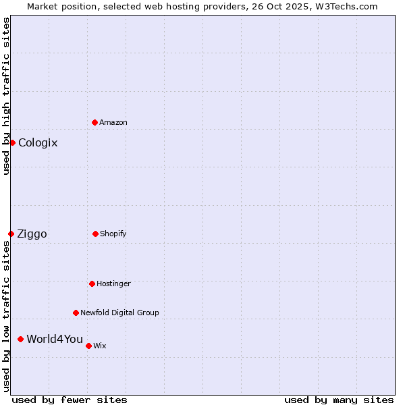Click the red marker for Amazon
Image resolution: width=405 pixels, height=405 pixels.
pyautogui.click(x=95, y=122)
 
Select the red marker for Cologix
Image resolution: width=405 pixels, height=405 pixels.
pyautogui.click(x=12, y=142)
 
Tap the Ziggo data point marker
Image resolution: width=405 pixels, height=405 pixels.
pyautogui.click(x=11, y=234)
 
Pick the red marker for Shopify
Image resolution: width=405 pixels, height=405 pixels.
pyautogui.click(x=95, y=234)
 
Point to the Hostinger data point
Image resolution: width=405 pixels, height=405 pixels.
pyautogui.click(x=92, y=283)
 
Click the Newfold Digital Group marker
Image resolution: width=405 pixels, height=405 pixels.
pyautogui.click(x=76, y=313)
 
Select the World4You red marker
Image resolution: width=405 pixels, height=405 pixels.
pyautogui.click(x=20, y=339)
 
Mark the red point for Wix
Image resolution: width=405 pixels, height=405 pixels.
pyautogui.click(x=88, y=346)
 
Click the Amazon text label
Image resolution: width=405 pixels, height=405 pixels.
pyautogui.click(x=113, y=122)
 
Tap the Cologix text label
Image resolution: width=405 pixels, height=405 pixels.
pyautogui.click(x=38, y=142)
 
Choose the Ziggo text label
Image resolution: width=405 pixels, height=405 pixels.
pyautogui.click(x=32, y=234)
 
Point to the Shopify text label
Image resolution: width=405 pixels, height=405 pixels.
pyautogui.click(x=113, y=234)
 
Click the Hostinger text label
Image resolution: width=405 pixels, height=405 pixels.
pyautogui.click(x=113, y=283)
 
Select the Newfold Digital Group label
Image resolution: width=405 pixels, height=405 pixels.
pyautogui.click(x=119, y=313)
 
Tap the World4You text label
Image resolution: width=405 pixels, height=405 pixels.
pyautogui.click(x=55, y=339)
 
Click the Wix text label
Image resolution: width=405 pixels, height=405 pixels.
pyautogui.click(x=100, y=346)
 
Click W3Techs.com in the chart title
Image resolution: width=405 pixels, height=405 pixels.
pyautogui.click(x=348, y=6)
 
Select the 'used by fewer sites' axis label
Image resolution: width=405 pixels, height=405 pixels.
pyautogui.click(x=70, y=400)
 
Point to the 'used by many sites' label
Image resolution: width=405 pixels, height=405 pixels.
pyautogui.click(x=339, y=400)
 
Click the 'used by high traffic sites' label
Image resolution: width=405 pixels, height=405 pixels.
pyautogui.click(x=6, y=96)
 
